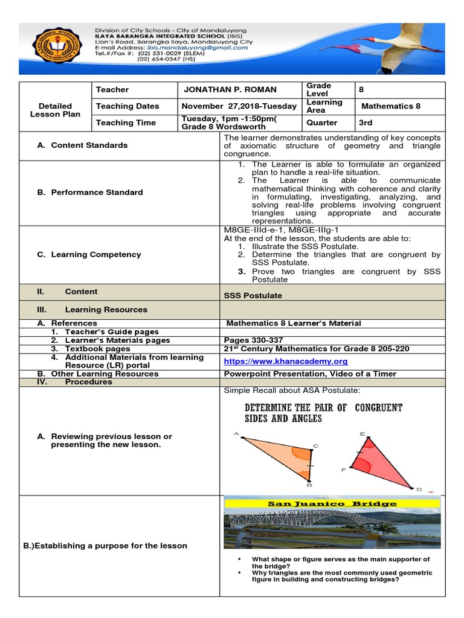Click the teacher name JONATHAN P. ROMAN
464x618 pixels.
230,89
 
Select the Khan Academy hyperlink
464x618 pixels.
286,361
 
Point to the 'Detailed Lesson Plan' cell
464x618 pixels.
55,110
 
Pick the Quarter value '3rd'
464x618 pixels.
366,123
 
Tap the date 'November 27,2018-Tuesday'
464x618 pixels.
239,106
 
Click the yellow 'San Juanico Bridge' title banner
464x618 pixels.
332,503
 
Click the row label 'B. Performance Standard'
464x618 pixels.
89,192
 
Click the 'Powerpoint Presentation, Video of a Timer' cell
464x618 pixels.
310,374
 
